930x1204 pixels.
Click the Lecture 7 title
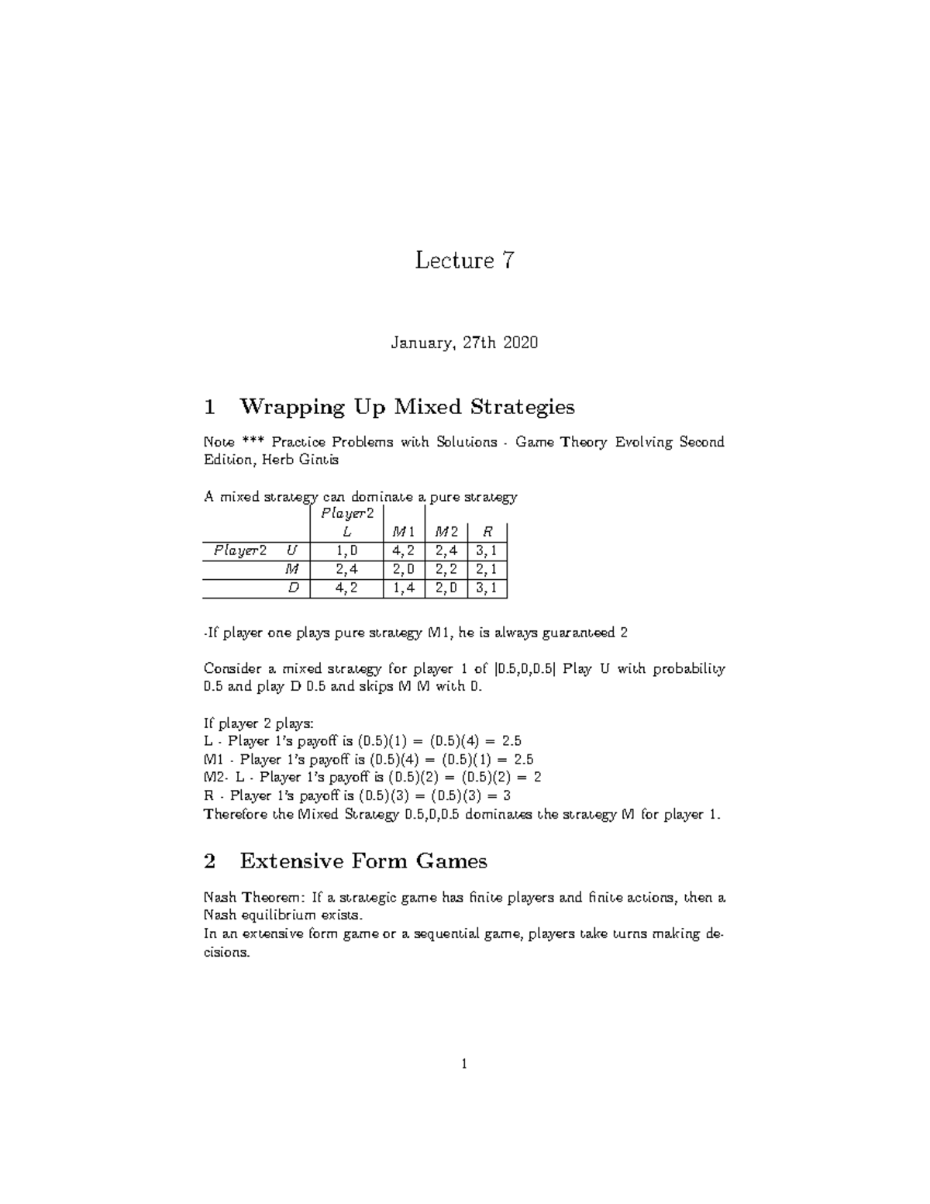(464, 260)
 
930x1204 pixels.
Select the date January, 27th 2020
(464, 342)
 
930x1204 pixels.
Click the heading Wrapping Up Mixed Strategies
(407, 406)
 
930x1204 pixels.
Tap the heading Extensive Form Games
(363, 861)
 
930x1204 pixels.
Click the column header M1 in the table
(403, 532)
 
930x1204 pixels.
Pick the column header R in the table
(487, 532)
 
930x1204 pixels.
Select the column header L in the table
(346, 532)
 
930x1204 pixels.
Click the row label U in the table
(291, 550)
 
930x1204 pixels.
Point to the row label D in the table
(293, 588)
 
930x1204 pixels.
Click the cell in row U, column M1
(403, 550)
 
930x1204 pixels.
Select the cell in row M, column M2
(446, 569)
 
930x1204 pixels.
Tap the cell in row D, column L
(346, 588)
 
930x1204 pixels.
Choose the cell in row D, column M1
(403, 588)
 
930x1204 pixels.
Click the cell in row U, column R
(487, 550)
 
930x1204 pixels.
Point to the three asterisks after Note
(253, 441)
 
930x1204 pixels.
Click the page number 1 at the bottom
(463, 1064)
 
